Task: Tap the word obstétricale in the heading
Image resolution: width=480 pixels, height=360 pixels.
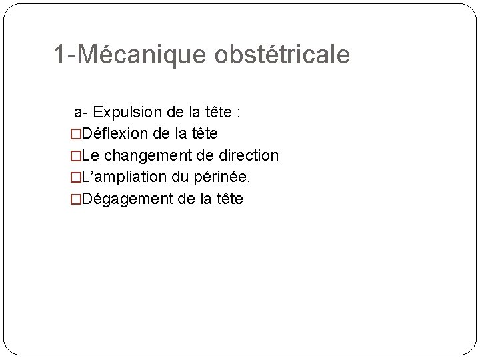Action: tap(282, 55)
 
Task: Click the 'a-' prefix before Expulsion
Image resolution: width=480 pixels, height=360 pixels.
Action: tap(81, 111)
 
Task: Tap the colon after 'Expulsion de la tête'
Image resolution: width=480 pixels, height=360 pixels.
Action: tap(238, 112)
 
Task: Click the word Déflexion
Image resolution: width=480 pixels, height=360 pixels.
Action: tap(115, 133)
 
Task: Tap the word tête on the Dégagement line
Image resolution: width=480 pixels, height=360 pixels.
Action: tap(229, 199)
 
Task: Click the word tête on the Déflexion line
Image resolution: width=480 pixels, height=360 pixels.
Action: tap(203, 133)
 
